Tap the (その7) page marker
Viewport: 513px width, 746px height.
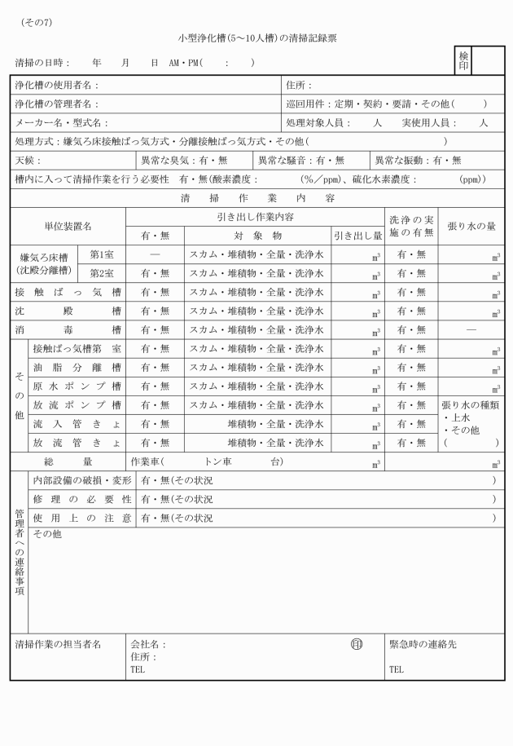pyautogui.click(x=35, y=22)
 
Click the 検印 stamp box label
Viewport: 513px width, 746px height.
pyautogui.click(x=464, y=60)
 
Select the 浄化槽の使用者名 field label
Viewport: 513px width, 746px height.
pyautogui.click(x=56, y=85)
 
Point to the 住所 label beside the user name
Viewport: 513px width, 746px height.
pyautogui.click(x=299, y=85)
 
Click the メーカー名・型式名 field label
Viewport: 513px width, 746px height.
pyautogui.click(x=62, y=122)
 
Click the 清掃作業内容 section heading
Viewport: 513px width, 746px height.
pyautogui.click(x=257, y=198)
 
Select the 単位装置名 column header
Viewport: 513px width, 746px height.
pyautogui.click(x=68, y=226)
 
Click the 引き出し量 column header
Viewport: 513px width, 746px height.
pyautogui.click(x=357, y=236)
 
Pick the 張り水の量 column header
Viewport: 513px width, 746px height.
pyautogui.click(x=471, y=226)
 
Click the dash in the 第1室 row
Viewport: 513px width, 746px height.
pyautogui.click(x=155, y=254)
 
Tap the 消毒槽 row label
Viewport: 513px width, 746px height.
pyautogui.click(x=68, y=329)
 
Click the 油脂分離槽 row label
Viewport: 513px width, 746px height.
pyautogui.click(x=77, y=368)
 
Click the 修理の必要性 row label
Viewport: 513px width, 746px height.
pyautogui.click(x=81, y=498)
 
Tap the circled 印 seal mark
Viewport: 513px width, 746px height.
pyautogui.click(x=356, y=643)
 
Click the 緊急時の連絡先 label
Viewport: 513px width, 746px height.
pyautogui.click(x=423, y=644)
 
